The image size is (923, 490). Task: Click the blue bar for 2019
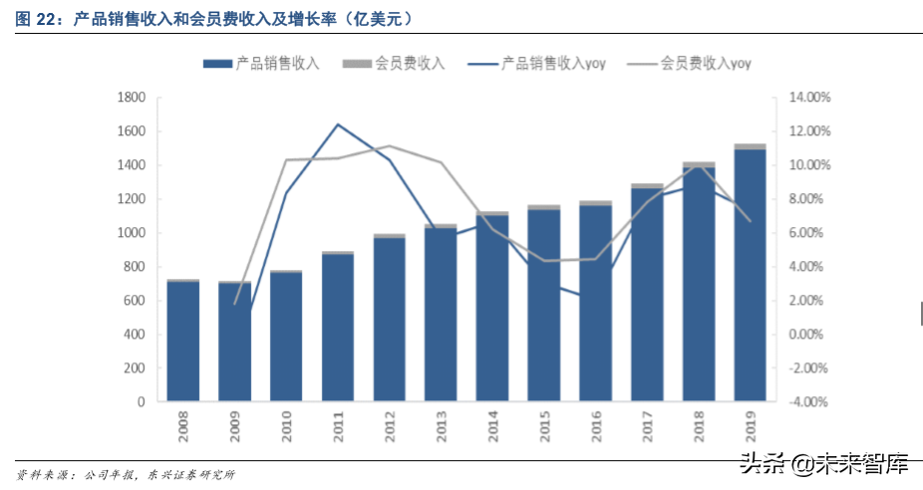click(x=750, y=276)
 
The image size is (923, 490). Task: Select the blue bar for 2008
click(x=182, y=342)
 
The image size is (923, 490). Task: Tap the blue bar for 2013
click(x=441, y=315)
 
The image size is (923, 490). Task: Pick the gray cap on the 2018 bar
click(x=698, y=164)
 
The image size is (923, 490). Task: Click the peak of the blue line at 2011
click(x=338, y=124)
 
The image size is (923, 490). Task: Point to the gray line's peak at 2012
click(x=389, y=146)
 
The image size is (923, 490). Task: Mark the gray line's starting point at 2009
click(x=235, y=303)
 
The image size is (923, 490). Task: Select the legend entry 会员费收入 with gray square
click(x=400, y=63)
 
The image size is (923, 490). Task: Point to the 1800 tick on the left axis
click(x=132, y=98)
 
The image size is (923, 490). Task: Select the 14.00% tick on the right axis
click(x=808, y=98)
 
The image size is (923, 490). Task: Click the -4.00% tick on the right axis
click(x=808, y=402)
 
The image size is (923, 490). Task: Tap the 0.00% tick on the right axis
click(x=808, y=335)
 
